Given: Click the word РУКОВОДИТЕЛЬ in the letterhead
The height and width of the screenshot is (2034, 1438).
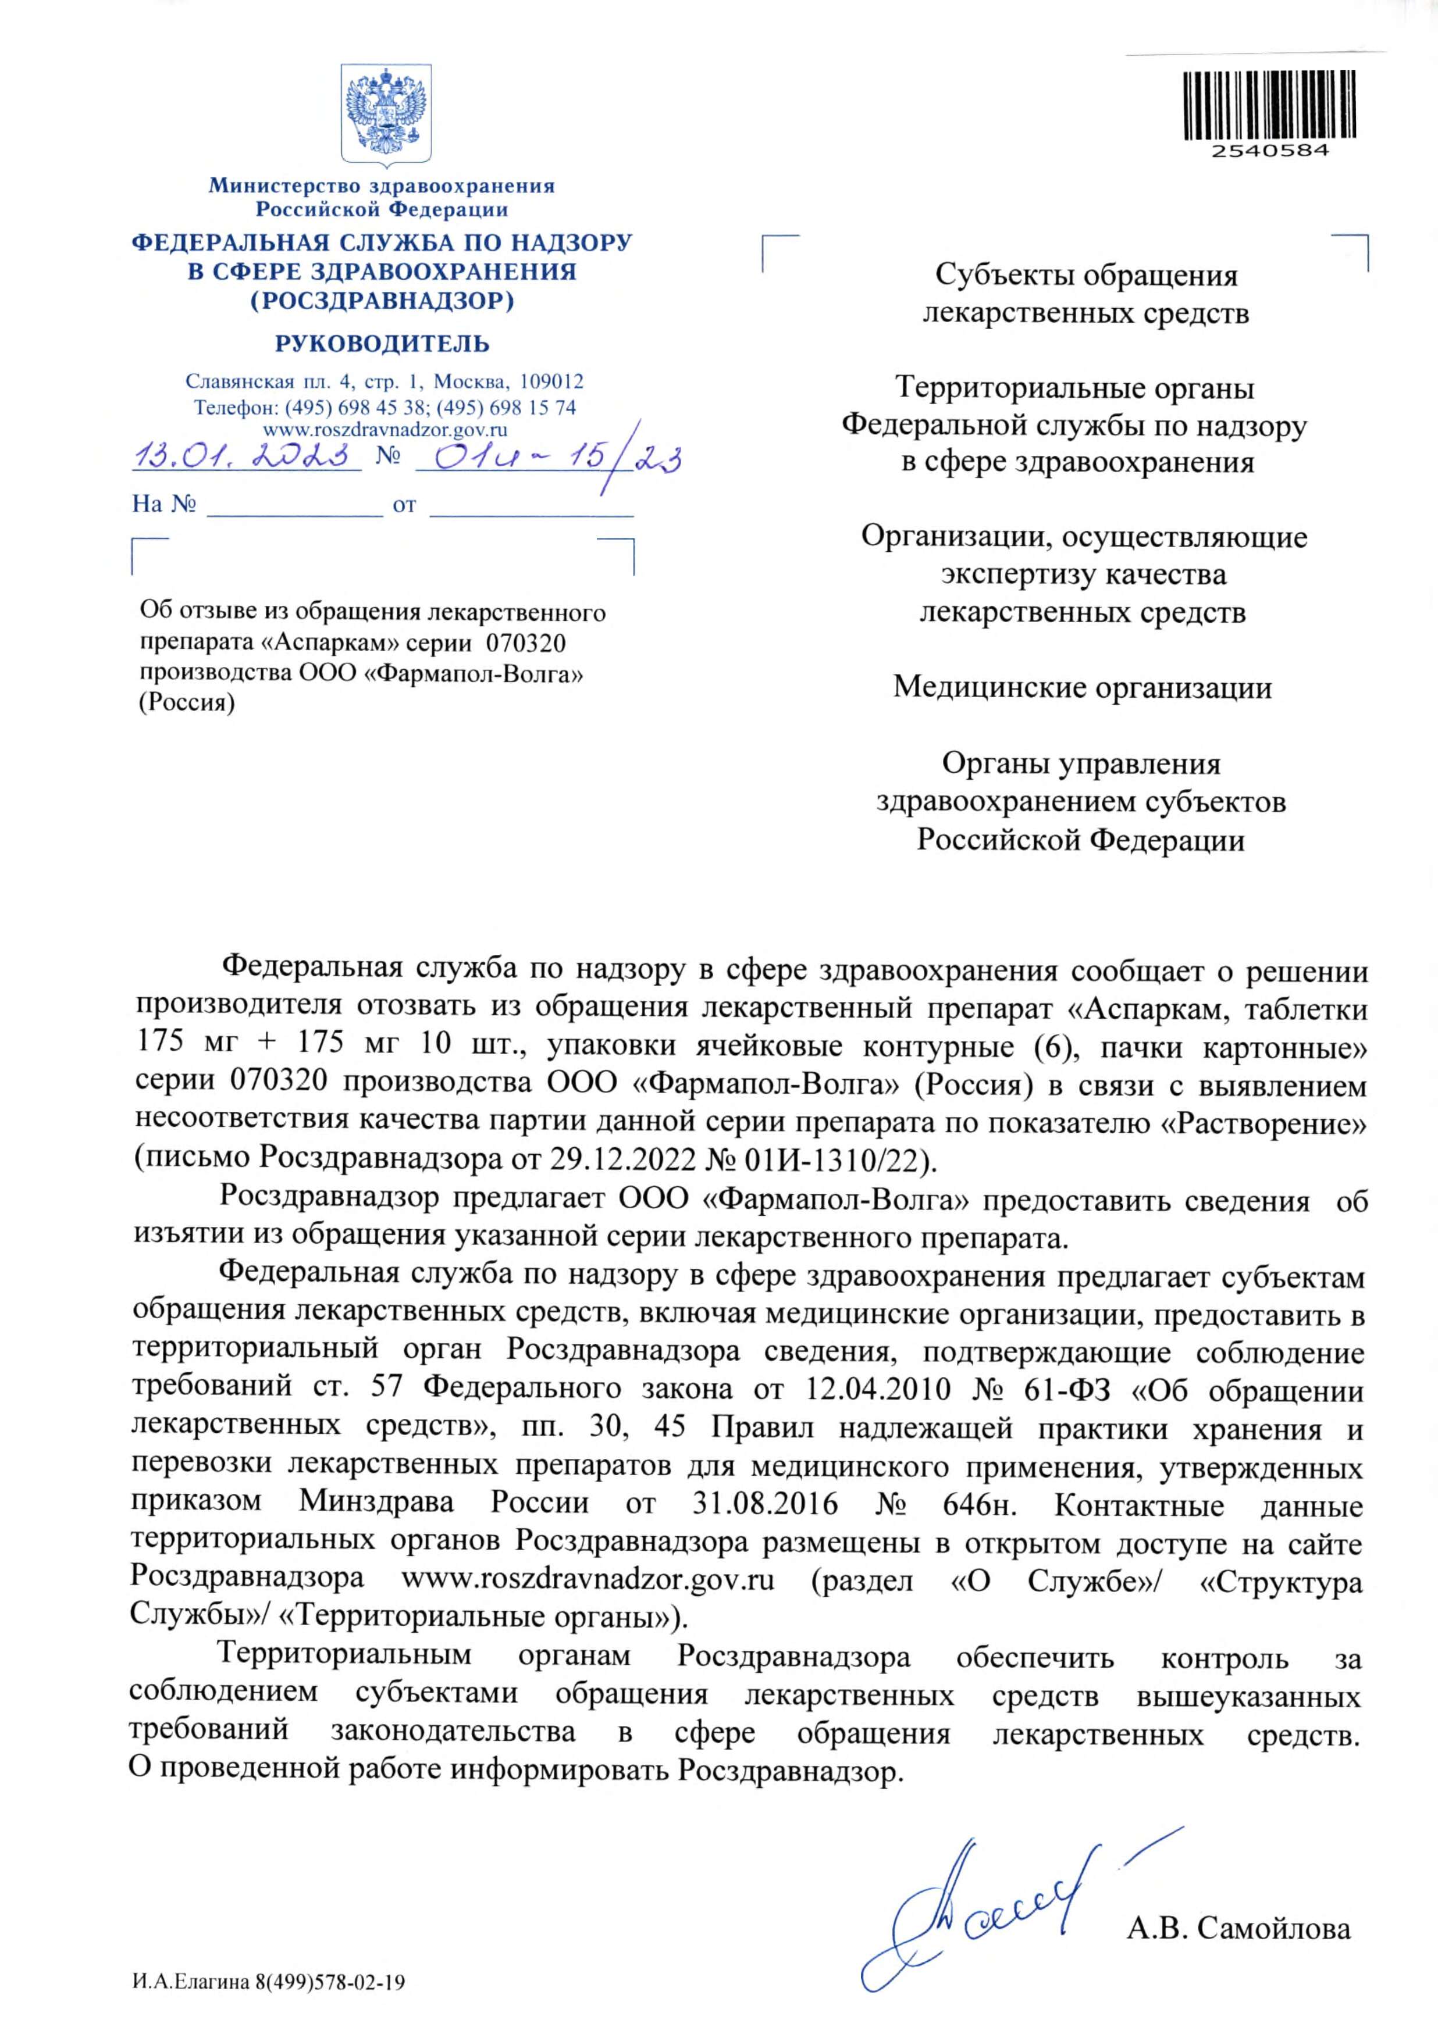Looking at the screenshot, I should pos(382,344).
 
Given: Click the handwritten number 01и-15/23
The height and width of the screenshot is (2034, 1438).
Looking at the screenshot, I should pos(549,459).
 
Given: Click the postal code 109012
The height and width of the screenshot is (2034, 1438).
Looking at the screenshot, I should pos(551,382).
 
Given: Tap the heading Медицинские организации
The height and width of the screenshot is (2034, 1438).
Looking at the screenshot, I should pos(1082,687).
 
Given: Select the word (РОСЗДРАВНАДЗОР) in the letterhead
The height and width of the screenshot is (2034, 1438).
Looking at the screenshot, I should pos(382,301).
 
